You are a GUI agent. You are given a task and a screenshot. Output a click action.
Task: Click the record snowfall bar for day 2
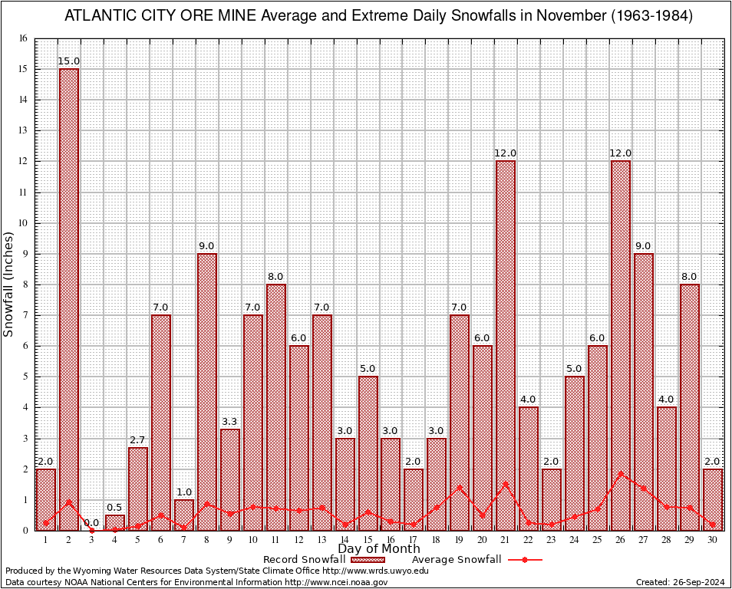(69, 299)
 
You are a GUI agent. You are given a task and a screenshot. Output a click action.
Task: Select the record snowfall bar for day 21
(506, 345)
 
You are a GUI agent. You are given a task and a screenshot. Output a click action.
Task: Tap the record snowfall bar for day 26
(621, 345)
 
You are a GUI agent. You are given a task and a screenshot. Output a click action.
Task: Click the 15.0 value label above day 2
(69, 61)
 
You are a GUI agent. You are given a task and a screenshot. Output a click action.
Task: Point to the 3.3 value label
(230, 422)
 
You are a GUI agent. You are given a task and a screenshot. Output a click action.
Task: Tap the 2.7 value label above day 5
(138, 440)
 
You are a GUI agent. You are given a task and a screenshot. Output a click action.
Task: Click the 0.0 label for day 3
(92, 522)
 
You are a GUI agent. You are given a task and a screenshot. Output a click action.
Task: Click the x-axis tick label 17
(414, 540)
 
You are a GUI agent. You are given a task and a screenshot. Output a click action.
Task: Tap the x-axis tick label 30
(713, 540)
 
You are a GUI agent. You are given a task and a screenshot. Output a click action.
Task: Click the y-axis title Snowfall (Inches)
(9, 284)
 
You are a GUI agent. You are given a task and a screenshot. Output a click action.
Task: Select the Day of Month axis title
(379, 549)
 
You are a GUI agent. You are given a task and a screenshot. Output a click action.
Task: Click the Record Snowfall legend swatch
(368, 560)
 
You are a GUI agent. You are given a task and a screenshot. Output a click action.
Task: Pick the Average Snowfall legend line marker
(524, 560)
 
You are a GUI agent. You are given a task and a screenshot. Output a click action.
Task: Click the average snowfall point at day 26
(621, 472)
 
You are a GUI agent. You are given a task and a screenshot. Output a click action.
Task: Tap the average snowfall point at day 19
(460, 486)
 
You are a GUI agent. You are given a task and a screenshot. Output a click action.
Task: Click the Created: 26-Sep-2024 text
(681, 583)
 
